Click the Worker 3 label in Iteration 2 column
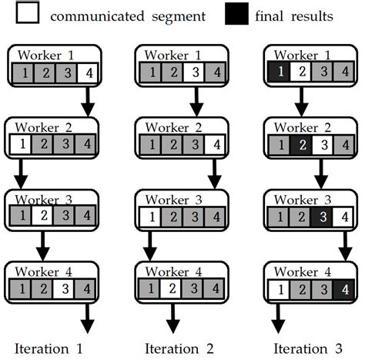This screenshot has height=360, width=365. tap(175, 200)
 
